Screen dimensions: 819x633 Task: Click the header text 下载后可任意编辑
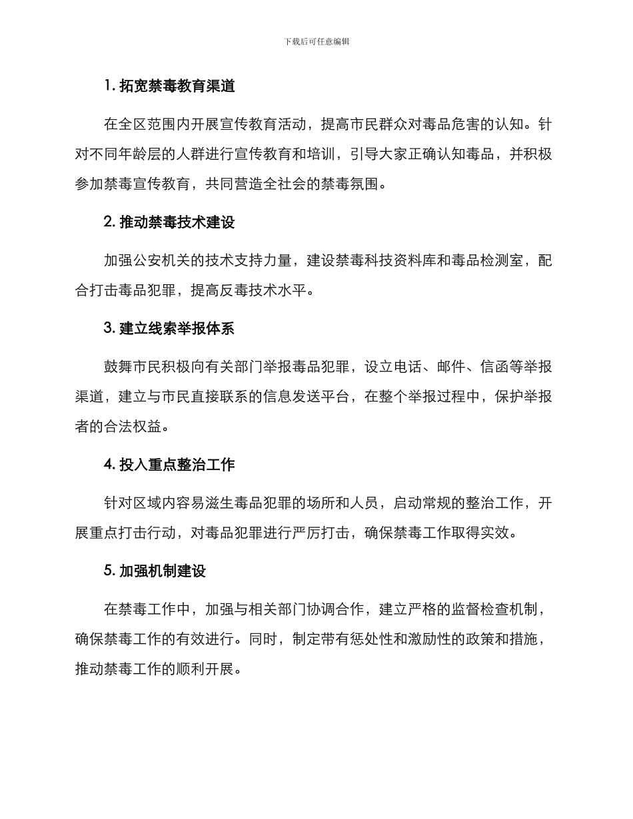coord(316,41)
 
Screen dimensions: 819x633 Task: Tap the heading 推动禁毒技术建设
coord(177,222)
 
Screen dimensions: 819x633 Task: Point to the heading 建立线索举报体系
coord(177,328)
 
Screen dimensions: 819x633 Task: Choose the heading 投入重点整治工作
coord(177,464)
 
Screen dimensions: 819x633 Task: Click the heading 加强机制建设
coord(163,571)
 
